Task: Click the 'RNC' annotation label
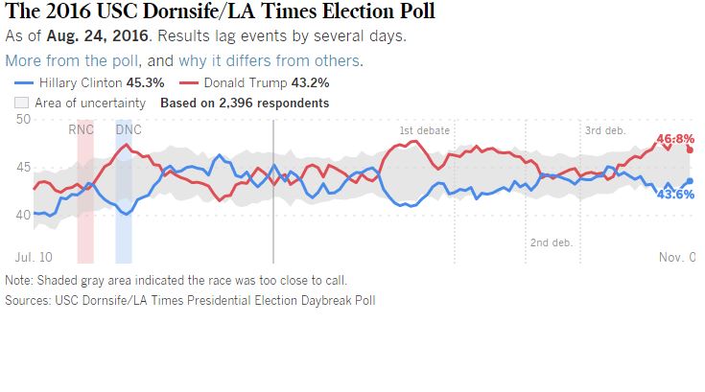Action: [x=82, y=129]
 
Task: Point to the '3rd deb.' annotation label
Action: [x=607, y=129]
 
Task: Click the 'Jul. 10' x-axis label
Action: [x=34, y=258]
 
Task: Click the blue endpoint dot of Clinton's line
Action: [x=690, y=181]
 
